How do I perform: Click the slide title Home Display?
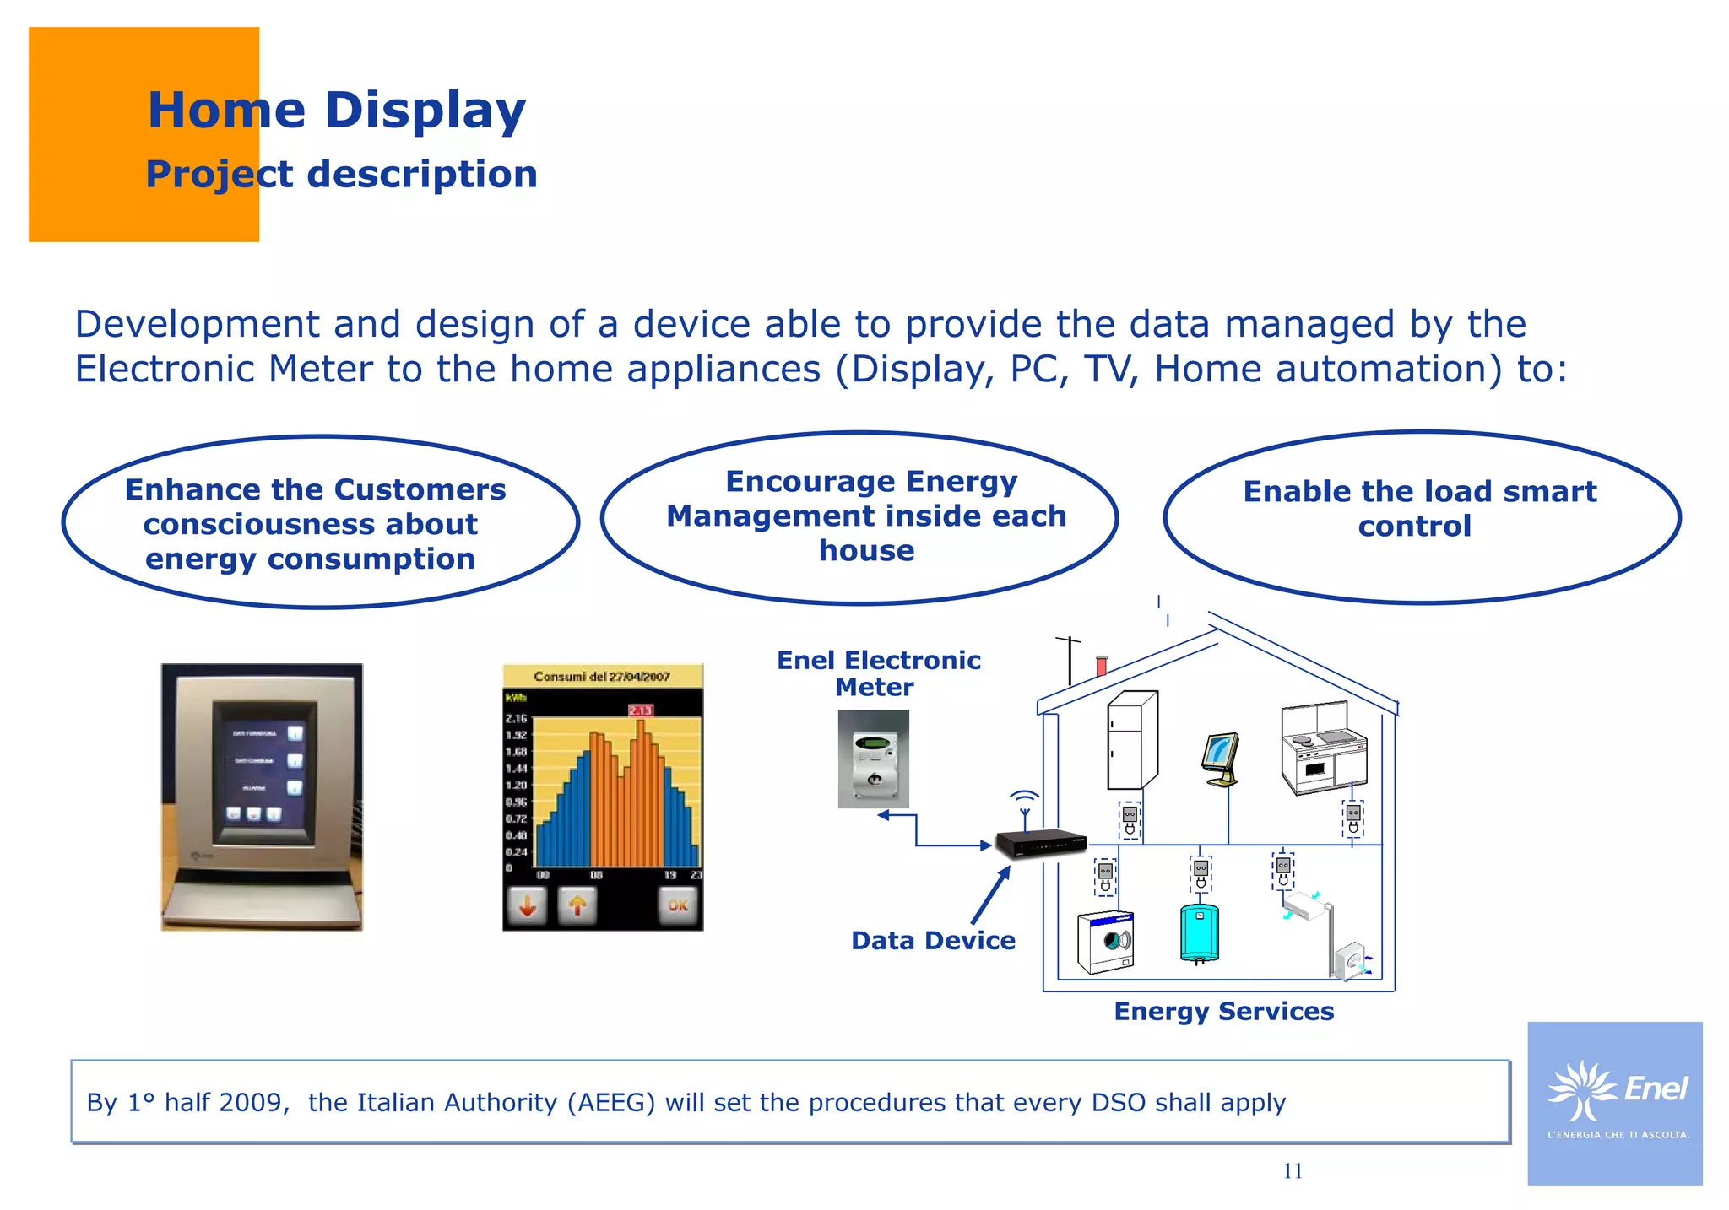[336, 110]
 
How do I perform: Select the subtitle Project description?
[341, 175]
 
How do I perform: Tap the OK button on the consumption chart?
[678, 905]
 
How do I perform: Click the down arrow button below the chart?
[528, 906]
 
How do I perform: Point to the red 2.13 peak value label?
[640, 710]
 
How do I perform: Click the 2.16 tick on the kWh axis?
[516, 718]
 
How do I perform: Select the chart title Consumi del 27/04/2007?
[602, 676]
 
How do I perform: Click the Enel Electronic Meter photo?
[873, 759]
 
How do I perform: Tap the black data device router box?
[1040, 842]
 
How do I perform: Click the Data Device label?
[933, 940]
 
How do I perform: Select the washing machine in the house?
[1105, 943]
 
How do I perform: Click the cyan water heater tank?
[1199, 932]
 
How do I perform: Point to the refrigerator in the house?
[1131, 740]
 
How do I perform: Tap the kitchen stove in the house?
[1323, 748]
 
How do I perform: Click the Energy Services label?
[1223, 1011]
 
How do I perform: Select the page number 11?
[1293, 1170]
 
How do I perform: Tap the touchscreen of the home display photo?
[263, 772]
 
